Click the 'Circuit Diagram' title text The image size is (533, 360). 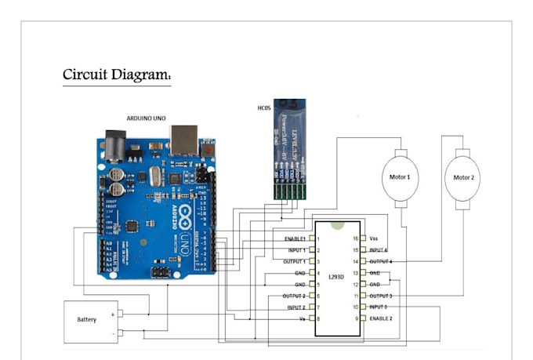pyautogui.click(x=117, y=75)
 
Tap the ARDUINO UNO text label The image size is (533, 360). pyautogui.click(x=147, y=118)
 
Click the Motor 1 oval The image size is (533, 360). pyautogui.click(x=400, y=177)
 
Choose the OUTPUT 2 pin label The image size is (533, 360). pyautogui.click(x=294, y=296)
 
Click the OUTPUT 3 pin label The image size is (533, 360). pyautogui.click(x=380, y=296)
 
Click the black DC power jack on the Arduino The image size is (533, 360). pyautogui.click(x=112, y=144)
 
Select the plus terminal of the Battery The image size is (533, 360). pyautogui.click(x=114, y=314)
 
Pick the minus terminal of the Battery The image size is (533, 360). pyautogui.click(x=114, y=333)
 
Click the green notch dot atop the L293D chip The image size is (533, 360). pyautogui.click(x=338, y=224)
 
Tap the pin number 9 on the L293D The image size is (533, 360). pyautogui.click(x=356, y=318)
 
